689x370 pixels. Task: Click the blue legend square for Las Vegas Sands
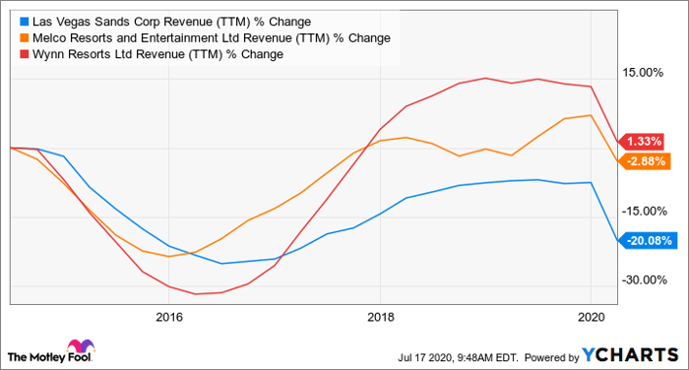point(25,22)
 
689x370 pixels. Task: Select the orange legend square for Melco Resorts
point(25,38)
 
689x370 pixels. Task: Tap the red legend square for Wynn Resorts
point(25,54)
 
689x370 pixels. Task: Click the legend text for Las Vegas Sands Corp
point(172,22)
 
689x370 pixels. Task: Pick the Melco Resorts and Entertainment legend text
point(212,38)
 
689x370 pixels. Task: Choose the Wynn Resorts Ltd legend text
point(157,54)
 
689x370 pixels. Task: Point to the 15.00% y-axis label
point(643,73)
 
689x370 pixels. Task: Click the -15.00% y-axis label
point(644,211)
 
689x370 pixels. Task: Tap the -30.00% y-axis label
point(644,279)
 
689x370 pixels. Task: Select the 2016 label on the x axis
point(169,317)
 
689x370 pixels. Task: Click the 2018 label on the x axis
point(381,317)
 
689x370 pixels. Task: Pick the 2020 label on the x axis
point(592,317)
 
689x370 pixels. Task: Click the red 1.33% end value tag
point(641,142)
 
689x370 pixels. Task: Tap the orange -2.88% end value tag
point(644,161)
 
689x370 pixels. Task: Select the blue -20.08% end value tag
point(648,241)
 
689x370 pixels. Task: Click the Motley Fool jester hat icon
point(81,347)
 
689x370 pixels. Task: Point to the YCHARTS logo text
point(631,355)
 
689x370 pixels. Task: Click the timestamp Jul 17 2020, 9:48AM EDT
point(458,357)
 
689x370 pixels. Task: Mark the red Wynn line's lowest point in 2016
point(196,294)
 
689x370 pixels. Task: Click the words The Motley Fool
point(49,357)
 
